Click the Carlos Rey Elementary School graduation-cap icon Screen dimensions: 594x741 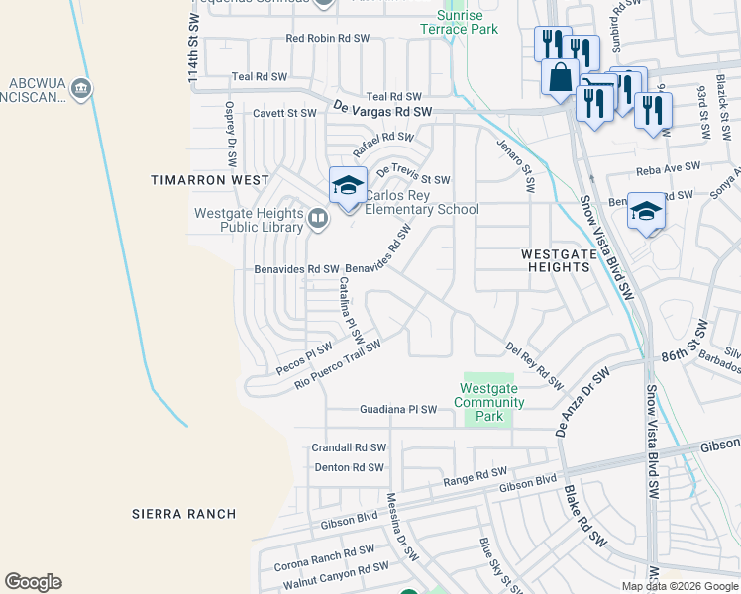click(348, 186)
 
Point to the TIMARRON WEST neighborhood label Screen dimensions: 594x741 click(209, 180)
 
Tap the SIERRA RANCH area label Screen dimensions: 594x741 click(184, 514)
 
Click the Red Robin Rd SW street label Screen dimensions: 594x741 click(327, 38)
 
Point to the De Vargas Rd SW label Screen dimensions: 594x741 click(383, 113)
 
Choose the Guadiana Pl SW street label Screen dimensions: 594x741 click(396, 409)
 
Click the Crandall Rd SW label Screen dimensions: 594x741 click(349, 447)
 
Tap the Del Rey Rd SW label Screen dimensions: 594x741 click(534, 363)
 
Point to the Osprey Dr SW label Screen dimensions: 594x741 click(231, 126)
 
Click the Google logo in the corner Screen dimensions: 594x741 click(33, 582)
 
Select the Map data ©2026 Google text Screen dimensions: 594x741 click(679, 586)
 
